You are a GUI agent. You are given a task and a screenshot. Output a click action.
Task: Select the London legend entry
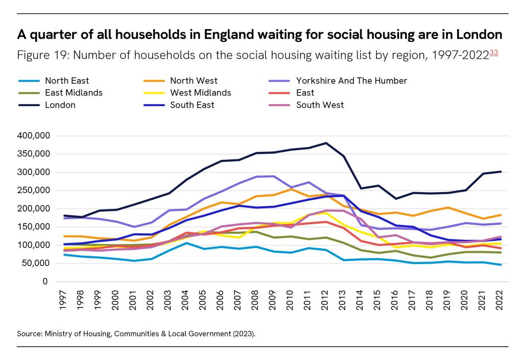click(60, 105)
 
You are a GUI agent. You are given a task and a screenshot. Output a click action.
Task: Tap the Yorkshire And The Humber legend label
click(351, 81)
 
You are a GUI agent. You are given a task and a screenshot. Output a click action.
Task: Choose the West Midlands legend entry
click(200, 93)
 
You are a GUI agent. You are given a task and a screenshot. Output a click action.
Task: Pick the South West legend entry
click(320, 105)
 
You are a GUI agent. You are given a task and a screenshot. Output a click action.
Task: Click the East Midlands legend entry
click(74, 93)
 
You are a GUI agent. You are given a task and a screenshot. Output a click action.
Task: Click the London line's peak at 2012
click(325, 143)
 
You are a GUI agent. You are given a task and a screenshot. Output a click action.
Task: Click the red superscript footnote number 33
click(494, 53)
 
